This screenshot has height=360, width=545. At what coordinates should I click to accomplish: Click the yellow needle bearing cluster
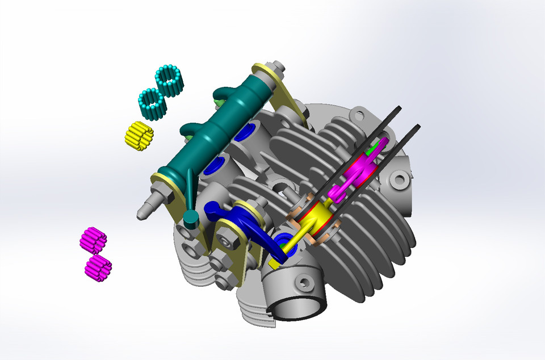[139, 136]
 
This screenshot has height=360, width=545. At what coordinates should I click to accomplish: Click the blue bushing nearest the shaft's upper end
[247, 133]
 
